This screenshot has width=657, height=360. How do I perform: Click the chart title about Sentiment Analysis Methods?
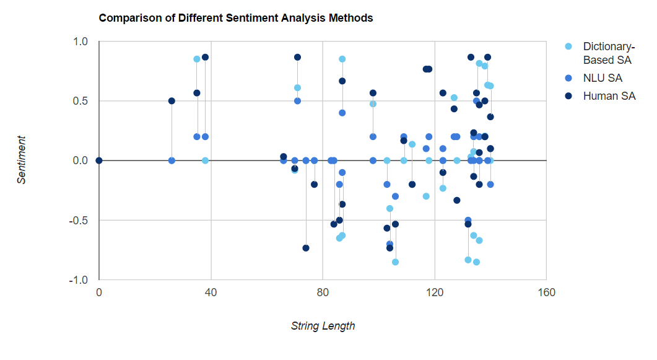point(236,18)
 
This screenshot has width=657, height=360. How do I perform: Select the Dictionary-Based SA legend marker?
point(568,47)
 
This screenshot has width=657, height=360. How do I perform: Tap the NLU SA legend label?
point(603,78)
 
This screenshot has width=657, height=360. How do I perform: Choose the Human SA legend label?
point(609,96)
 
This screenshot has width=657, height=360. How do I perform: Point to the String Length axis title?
point(323,326)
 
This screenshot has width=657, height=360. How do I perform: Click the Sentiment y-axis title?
point(22,160)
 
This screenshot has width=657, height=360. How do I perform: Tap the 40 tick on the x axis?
point(211,292)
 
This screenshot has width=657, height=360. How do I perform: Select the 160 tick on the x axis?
point(547,292)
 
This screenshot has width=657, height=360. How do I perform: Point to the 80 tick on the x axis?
point(323,292)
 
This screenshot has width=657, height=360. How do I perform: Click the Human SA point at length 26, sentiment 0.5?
point(172,101)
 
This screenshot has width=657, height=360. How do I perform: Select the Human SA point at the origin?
point(99,160)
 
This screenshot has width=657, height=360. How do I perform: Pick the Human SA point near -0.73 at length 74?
point(306,248)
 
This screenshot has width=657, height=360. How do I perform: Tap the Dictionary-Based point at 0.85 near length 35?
point(197,59)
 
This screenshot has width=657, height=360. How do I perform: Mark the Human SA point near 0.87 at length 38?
point(205,57)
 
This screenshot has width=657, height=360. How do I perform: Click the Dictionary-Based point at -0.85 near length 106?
point(395,262)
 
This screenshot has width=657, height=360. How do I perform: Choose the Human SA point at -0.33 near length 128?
point(457,200)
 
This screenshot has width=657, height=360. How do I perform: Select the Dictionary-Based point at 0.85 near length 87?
point(342,59)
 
